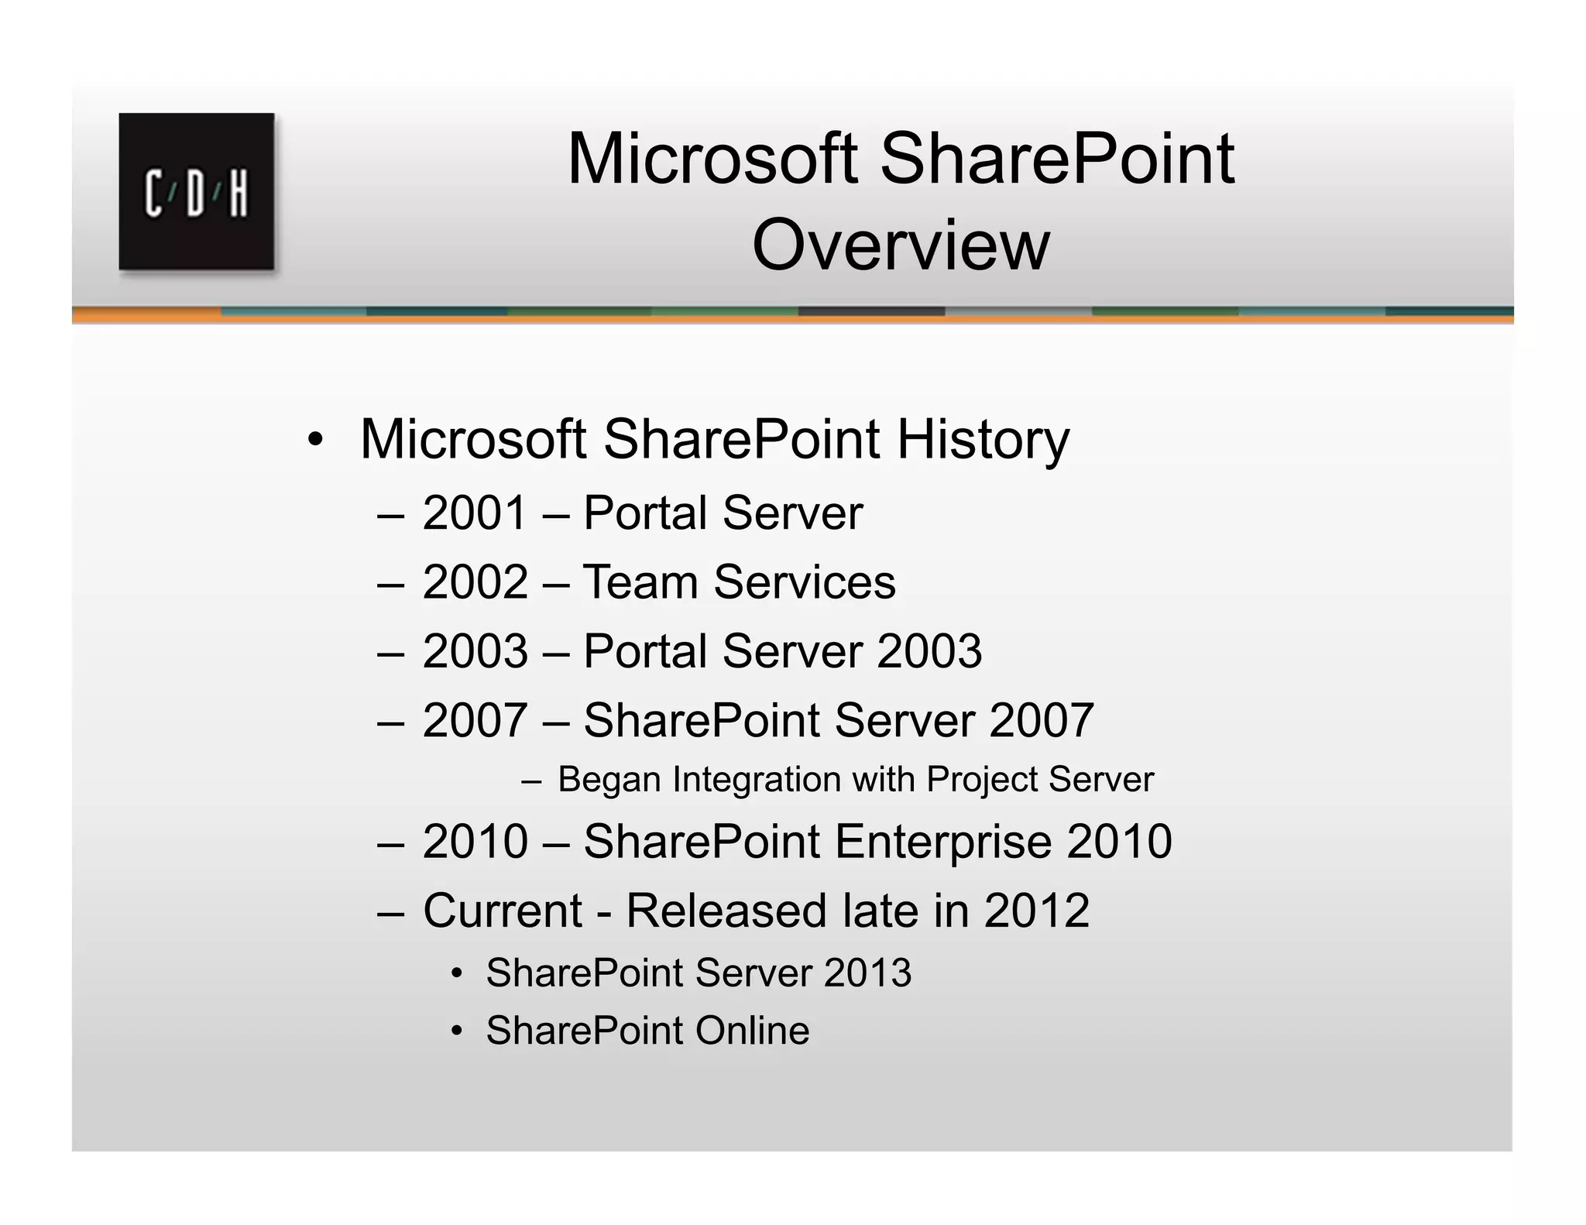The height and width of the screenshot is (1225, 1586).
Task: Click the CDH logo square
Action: (196, 191)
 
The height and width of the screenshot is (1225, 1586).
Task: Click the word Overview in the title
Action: (900, 245)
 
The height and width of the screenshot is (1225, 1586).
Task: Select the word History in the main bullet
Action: (983, 440)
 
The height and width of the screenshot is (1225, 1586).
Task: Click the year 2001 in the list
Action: (475, 513)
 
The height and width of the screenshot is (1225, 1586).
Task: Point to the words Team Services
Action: (739, 582)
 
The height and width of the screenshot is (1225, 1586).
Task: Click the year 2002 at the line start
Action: (475, 582)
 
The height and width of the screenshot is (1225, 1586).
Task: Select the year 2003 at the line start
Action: (475, 651)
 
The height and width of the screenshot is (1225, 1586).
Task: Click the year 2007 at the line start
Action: (475, 721)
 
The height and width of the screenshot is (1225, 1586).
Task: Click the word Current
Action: (502, 911)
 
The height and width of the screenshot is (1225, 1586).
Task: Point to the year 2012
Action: (1036, 911)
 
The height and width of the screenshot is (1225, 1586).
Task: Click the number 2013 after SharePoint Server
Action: (867, 973)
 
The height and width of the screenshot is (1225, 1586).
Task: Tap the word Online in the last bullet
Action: (751, 1031)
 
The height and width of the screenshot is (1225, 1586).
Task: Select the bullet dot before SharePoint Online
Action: (457, 1031)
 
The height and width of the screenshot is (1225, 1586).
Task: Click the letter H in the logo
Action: (239, 194)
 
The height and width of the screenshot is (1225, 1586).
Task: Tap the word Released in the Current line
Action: (726, 911)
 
